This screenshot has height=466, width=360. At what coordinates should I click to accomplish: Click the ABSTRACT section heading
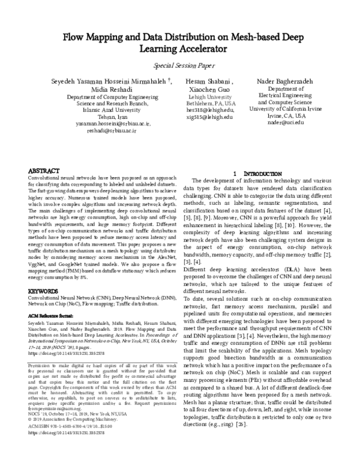pos(44,171)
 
